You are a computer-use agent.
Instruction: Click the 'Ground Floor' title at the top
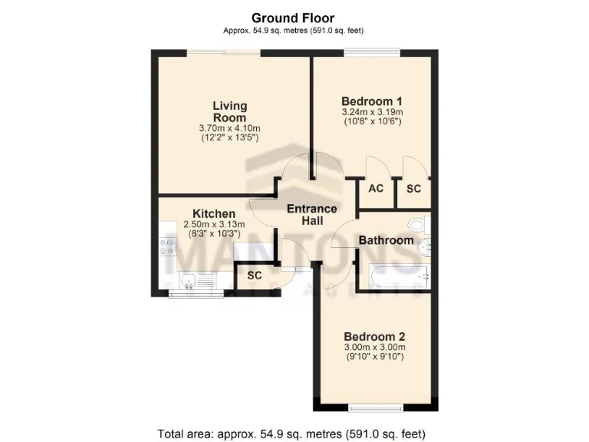tap(294, 18)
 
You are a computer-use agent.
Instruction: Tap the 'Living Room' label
tap(229, 112)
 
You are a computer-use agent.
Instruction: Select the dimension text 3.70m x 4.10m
tap(229, 128)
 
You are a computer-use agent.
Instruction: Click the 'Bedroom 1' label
tap(372, 101)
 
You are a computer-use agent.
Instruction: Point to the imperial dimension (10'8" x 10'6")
tap(372, 122)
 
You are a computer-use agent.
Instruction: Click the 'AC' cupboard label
tap(376, 189)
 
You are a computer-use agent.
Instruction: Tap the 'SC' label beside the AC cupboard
tap(413, 189)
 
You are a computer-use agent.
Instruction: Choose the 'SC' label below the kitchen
tap(254, 275)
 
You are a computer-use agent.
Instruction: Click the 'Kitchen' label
tap(213, 213)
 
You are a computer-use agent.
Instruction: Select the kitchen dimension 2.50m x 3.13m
tap(213, 224)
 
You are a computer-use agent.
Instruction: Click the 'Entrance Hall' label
tap(311, 215)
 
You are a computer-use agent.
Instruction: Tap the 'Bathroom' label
tap(386, 240)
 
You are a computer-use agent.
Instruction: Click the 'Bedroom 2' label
tap(374, 336)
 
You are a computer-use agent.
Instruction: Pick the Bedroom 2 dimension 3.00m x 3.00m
tap(374, 348)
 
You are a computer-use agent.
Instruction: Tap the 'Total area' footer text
tap(294, 432)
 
